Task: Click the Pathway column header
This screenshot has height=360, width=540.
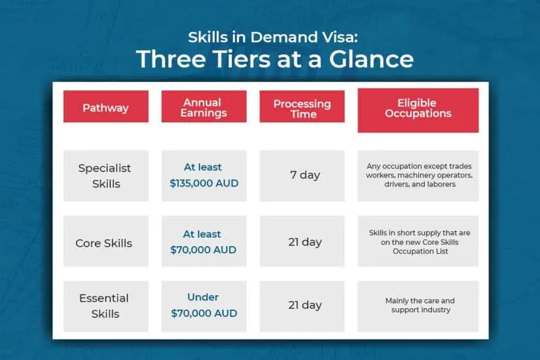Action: pyautogui.click(x=106, y=107)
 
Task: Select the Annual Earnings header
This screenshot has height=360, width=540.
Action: pyautogui.click(x=204, y=107)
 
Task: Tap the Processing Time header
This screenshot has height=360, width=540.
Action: pyautogui.click(x=302, y=107)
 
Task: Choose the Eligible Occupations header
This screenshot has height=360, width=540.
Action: pyautogui.click(x=418, y=110)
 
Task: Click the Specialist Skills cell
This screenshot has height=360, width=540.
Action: pyautogui.click(x=106, y=175)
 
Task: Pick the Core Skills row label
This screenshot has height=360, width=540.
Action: pyautogui.click(x=106, y=241)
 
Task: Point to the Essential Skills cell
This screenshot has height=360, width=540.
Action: pyautogui.click(x=106, y=306)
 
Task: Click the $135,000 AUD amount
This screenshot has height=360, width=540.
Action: pyautogui.click(x=204, y=183)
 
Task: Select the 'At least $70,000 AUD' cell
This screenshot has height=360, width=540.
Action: pyautogui.click(x=204, y=241)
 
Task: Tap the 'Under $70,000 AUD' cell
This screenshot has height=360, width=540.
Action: pyautogui.click(x=204, y=306)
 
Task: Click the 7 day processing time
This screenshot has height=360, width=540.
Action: pyautogui.click(x=302, y=175)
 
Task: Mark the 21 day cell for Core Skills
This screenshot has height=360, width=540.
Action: pyautogui.click(x=302, y=241)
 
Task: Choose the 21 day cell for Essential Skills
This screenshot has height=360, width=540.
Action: pyautogui.click(x=302, y=306)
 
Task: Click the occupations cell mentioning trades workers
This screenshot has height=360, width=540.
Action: pyautogui.click(x=418, y=175)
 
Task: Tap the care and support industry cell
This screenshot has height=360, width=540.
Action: pyautogui.click(x=418, y=306)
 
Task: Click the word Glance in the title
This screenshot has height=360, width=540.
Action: pyautogui.click(x=371, y=59)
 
